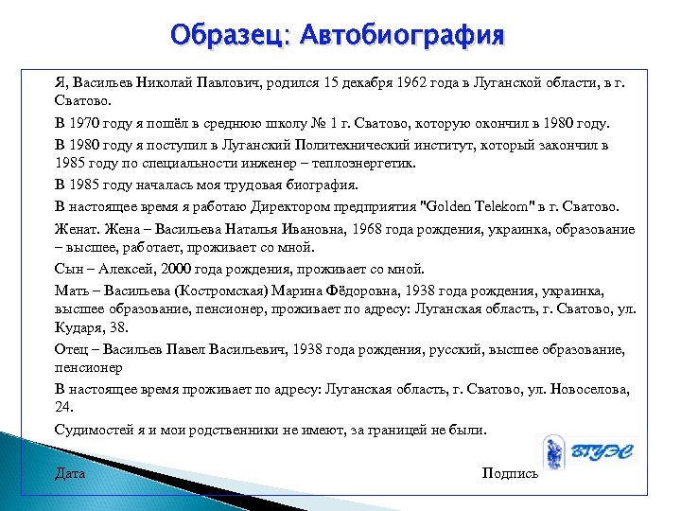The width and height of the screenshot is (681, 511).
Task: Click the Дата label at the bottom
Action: pos(70,473)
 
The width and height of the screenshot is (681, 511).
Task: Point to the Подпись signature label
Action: pos(510,473)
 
